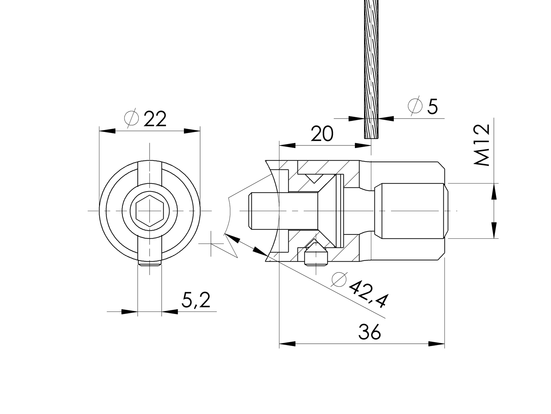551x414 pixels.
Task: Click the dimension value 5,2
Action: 196,300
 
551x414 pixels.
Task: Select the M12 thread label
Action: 482,145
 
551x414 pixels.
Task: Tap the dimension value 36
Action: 370,332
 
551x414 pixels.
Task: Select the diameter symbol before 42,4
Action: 339,279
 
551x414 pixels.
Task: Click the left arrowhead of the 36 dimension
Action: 287,344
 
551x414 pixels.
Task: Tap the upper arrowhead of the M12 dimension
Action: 494,191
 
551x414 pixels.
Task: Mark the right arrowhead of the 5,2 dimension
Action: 170,312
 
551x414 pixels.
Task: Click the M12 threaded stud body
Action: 410,210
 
